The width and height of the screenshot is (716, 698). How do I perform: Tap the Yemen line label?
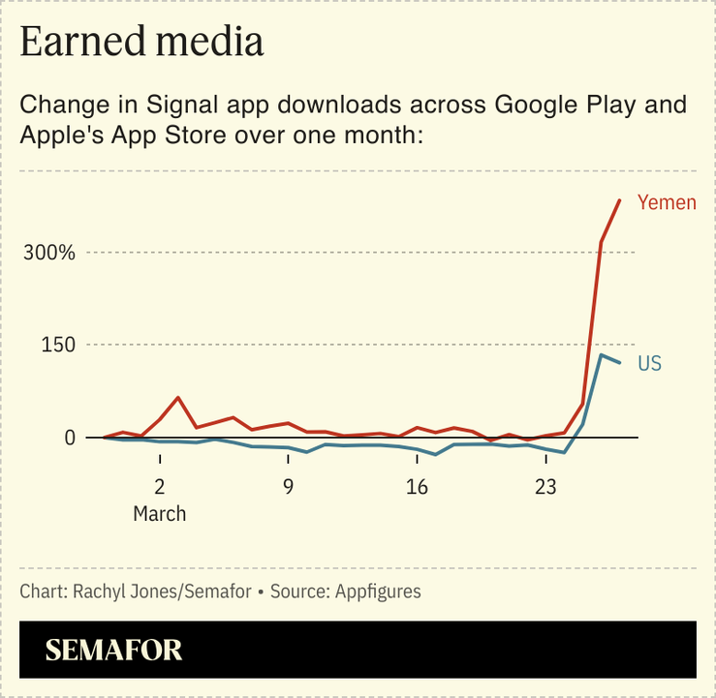point(667,202)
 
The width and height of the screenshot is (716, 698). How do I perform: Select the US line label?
point(649,364)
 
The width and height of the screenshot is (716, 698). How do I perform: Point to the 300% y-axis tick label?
point(49,253)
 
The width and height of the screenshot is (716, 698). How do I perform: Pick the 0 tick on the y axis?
point(69,438)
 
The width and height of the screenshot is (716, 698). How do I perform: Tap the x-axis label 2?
point(159,486)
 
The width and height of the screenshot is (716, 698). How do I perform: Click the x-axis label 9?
point(288,486)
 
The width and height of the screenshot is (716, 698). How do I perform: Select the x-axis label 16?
point(417,486)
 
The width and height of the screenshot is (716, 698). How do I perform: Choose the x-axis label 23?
point(545,486)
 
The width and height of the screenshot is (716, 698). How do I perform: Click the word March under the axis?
point(159,513)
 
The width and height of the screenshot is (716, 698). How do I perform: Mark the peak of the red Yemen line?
point(619,200)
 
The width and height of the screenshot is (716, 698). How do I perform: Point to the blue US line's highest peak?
point(601,355)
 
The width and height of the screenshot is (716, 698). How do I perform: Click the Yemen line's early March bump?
point(178,398)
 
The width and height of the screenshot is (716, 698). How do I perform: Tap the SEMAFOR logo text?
point(113,650)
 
